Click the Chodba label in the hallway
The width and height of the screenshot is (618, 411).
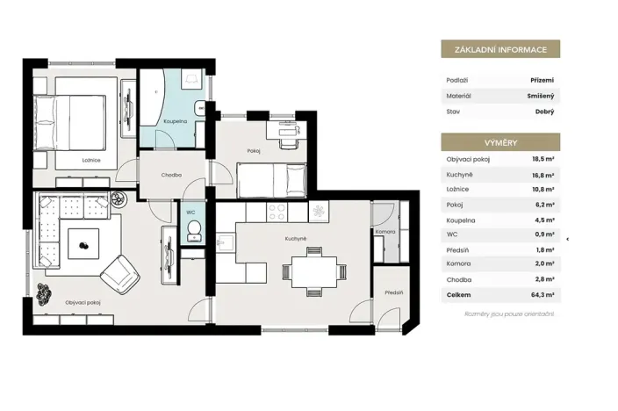pyautogui.click(x=171, y=175)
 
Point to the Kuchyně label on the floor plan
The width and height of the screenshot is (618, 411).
pyautogui.click(x=295, y=238)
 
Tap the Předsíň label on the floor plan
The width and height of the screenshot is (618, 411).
pyautogui.click(x=393, y=292)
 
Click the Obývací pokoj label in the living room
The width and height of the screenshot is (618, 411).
pyautogui.click(x=83, y=302)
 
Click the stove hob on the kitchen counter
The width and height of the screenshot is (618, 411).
pyautogui.click(x=277, y=211)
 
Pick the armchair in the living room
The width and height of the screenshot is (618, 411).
pyautogui.click(x=120, y=274)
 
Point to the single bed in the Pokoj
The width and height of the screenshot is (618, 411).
pyautogui.click(x=272, y=180)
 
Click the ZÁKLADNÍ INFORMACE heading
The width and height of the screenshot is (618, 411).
pyautogui.click(x=500, y=49)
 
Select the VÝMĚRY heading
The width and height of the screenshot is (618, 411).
pyautogui.click(x=500, y=141)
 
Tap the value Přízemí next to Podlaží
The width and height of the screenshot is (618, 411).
pyautogui.click(x=540, y=80)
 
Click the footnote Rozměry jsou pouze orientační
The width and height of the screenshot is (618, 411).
pyautogui.click(x=510, y=314)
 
